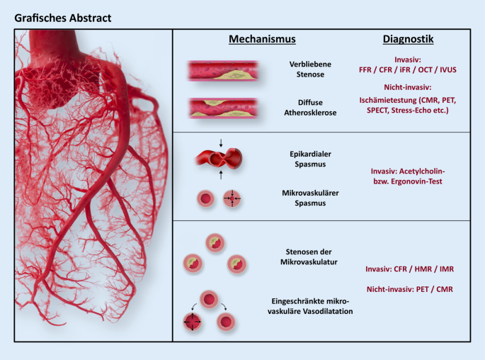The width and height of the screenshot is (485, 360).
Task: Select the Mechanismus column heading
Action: pyautogui.click(x=261, y=40)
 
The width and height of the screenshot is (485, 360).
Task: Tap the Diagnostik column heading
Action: pyautogui.click(x=409, y=40)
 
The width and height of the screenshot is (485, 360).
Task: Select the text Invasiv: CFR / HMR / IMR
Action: pyautogui.click(x=409, y=269)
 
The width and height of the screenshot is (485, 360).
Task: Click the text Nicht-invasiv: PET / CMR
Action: pyautogui.click(x=409, y=288)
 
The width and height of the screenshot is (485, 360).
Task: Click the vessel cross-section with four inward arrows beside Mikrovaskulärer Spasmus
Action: pyautogui.click(x=232, y=199)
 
